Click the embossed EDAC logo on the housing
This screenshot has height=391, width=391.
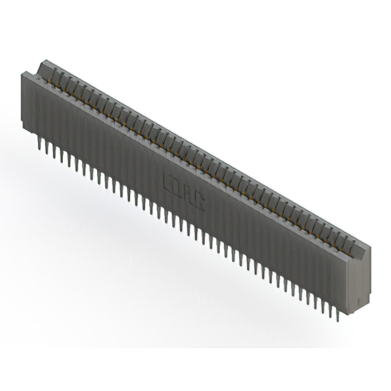point(184,191)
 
